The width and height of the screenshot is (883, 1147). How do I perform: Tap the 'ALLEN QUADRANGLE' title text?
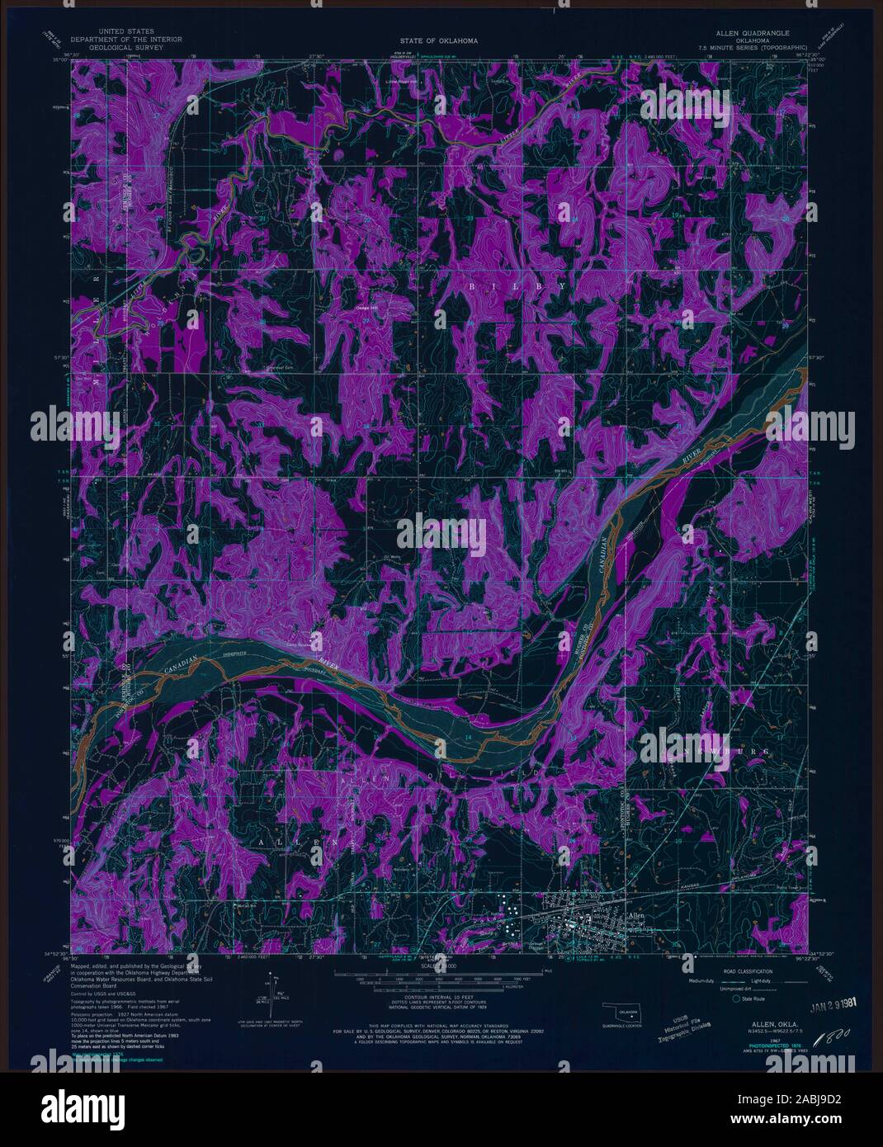pos(730,33)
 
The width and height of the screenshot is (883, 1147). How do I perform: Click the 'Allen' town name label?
pos(636,916)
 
